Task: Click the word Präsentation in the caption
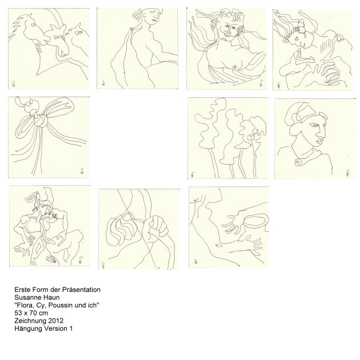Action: [x=81, y=290]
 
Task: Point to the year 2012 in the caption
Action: [x=56, y=321]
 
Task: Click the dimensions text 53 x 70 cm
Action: [x=31, y=313]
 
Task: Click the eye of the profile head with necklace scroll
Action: [x=314, y=125]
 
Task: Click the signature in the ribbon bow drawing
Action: [x=82, y=171]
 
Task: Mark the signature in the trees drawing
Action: [x=192, y=175]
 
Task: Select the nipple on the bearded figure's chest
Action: [x=235, y=67]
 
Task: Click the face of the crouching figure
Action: [x=46, y=209]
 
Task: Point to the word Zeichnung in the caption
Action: [x=30, y=321]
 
